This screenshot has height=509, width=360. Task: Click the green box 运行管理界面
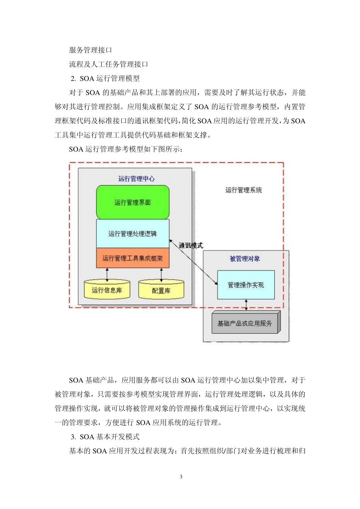[x=133, y=202]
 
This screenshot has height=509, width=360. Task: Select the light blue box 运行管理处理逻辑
[x=133, y=234]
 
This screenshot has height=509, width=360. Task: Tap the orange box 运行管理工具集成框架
[x=133, y=258]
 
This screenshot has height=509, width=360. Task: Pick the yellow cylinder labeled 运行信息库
[x=107, y=290]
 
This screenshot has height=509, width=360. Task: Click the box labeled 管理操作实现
[x=246, y=285]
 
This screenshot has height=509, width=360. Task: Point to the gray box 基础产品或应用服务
[x=245, y=323]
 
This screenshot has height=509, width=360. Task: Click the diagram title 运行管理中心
[x=136, y=178]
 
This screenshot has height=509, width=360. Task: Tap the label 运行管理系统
[x=243, y=190]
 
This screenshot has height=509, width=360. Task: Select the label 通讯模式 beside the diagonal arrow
[x=191, y=245]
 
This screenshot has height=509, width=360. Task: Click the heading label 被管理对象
[x=245, y=259]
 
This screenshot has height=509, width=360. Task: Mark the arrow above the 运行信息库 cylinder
[x=107, y=274]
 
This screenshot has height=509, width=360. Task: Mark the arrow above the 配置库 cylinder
[x=161, y=274]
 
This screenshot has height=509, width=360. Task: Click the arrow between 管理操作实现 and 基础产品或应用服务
[x=246, y=305]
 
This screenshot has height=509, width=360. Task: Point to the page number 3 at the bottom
[x=181, y=476]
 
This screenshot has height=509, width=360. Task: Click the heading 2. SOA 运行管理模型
[x=105, y=78]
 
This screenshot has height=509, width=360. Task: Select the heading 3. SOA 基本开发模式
[x=105, y=437]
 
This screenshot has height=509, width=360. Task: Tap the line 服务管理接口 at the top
[x=91, y=50]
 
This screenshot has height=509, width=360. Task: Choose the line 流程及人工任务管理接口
[x=108, y=64]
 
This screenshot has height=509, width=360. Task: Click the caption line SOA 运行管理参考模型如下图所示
[x=126, y=149]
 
